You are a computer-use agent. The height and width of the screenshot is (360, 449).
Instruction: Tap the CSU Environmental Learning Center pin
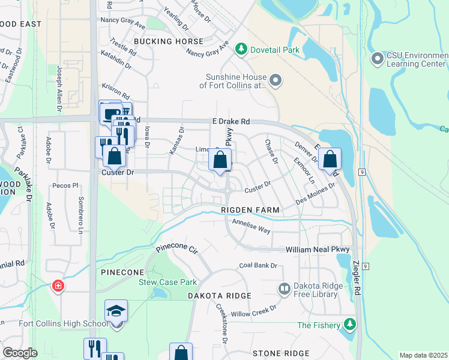pos(378,59)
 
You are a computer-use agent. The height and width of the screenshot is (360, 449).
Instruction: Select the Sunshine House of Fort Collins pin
pos(276,80)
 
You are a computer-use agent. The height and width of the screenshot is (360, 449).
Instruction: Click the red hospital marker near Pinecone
pos(58,286)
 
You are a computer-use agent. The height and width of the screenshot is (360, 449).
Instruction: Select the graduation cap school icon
pos(116,311)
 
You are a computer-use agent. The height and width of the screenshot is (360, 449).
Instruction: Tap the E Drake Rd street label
pos(231,122)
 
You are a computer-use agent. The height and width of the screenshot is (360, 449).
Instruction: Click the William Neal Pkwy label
pos(317,249)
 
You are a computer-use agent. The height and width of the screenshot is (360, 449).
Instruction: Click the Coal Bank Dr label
pos(258,265)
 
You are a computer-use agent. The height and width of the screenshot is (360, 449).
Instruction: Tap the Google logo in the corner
pos(20,353)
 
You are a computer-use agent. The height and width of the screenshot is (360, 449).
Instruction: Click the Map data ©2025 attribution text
pos(423,355)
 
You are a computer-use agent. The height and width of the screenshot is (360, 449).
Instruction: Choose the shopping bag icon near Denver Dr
pos(330,159)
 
